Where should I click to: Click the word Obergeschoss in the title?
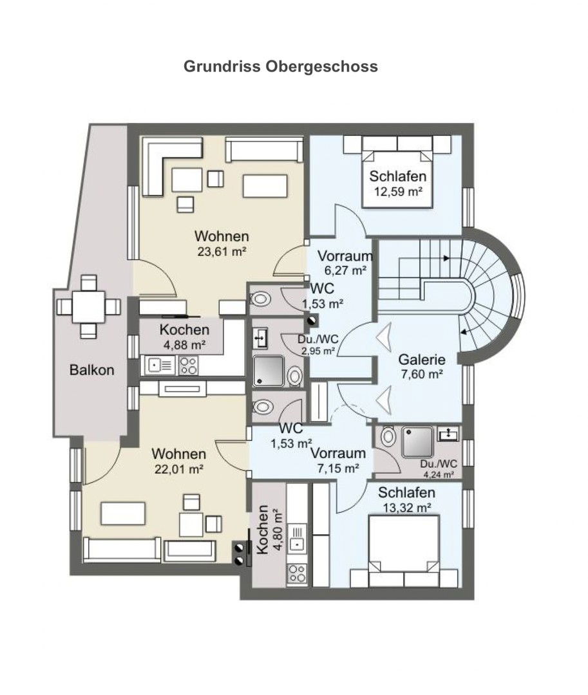click(321, 66)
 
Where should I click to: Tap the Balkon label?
click(92, 370)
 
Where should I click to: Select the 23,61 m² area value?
click(222, 252)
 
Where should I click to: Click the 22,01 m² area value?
click(178, 469)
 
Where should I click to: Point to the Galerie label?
click(422, 360)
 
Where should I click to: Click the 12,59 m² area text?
click(398, 192)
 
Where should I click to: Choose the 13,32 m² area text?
click(406, 508)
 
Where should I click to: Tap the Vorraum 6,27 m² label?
click(345, 263)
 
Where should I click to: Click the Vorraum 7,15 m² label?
click(338, 460)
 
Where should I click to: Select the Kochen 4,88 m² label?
click(184, 337)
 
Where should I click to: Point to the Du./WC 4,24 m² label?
click(439, 469)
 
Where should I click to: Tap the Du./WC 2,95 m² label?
click(318, 345)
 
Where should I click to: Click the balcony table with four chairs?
click(89, 307)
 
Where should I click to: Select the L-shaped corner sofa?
click(172, 166)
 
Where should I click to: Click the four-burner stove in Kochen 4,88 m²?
click(189, 366)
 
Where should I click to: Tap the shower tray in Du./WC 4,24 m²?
click(417, 442)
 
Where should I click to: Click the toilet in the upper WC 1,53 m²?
click(261, 299)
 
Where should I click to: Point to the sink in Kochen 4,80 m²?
click(297, 537)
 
